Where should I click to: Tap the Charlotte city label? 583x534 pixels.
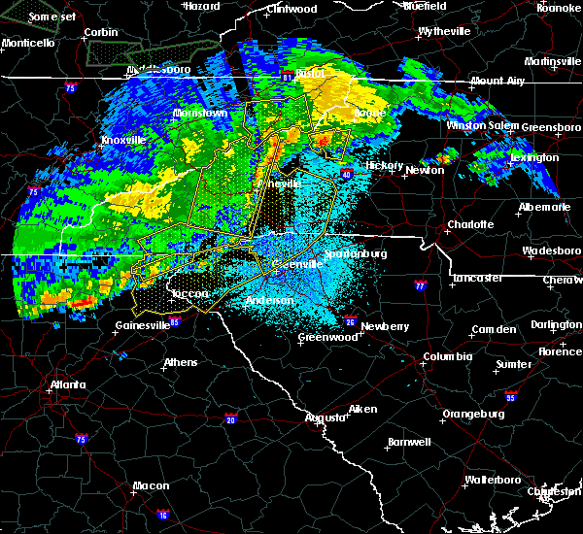[x=470, y=224]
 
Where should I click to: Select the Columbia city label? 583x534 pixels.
[x=447, y=356]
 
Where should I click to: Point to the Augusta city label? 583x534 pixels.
[x=325, y=417]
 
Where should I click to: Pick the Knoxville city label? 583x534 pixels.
[x=123, y=140]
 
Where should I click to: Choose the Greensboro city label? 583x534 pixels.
[x=551, y=127]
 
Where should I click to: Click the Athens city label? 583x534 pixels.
[x=180, y=363]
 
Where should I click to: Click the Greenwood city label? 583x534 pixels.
[x=327, y=337]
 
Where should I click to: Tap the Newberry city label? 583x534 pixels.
[x=386, y=326]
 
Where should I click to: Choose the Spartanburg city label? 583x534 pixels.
[x=357, y=253]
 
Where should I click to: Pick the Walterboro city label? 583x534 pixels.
[x=493, y=480]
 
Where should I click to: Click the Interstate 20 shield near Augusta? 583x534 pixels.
[x=231, y=418]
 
